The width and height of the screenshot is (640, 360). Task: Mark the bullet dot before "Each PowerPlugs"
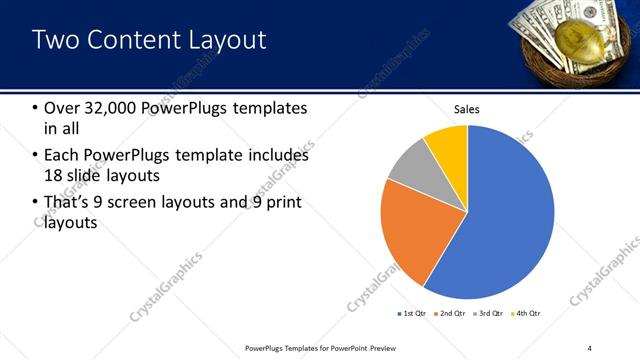coord(36,156)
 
